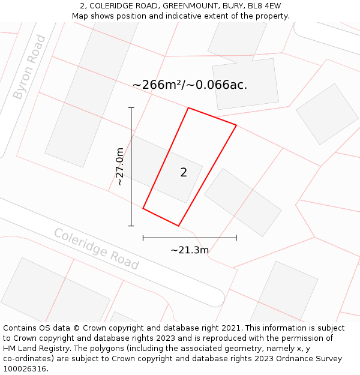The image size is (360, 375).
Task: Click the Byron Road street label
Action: pos(29,67)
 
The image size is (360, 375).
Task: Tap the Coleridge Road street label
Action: pos(96,249)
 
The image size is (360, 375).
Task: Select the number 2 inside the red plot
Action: pos(184,173)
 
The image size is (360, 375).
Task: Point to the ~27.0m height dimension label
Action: pos(119,166)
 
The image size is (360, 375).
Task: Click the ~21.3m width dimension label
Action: pos(190,250)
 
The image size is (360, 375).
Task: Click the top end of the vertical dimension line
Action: pos(131,108)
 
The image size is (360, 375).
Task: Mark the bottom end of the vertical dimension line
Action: pos(131,226)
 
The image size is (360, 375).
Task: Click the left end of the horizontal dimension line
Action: pos(143,238)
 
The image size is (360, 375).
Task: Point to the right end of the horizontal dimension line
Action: pos(236,238)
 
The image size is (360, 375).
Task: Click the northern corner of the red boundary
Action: pos(188,108)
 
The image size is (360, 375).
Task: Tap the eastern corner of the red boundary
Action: pos(236,125)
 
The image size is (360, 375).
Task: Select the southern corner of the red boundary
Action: pos(179,226)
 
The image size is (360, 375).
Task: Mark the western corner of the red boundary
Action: pos(143,208)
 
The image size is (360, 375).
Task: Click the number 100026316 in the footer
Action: pos(24,369)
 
